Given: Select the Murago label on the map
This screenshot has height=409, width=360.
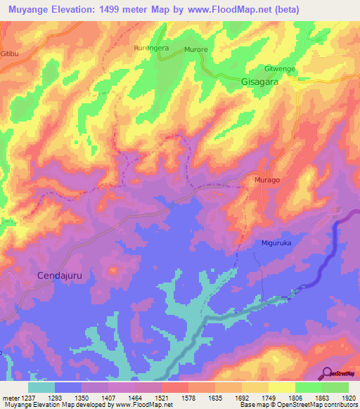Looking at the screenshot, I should (266, 180).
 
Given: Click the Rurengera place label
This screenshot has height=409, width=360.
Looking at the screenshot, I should (151, 48).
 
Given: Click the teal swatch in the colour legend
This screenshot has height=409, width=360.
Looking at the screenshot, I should (41, 387).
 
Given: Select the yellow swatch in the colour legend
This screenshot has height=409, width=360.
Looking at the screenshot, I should (282, 387).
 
